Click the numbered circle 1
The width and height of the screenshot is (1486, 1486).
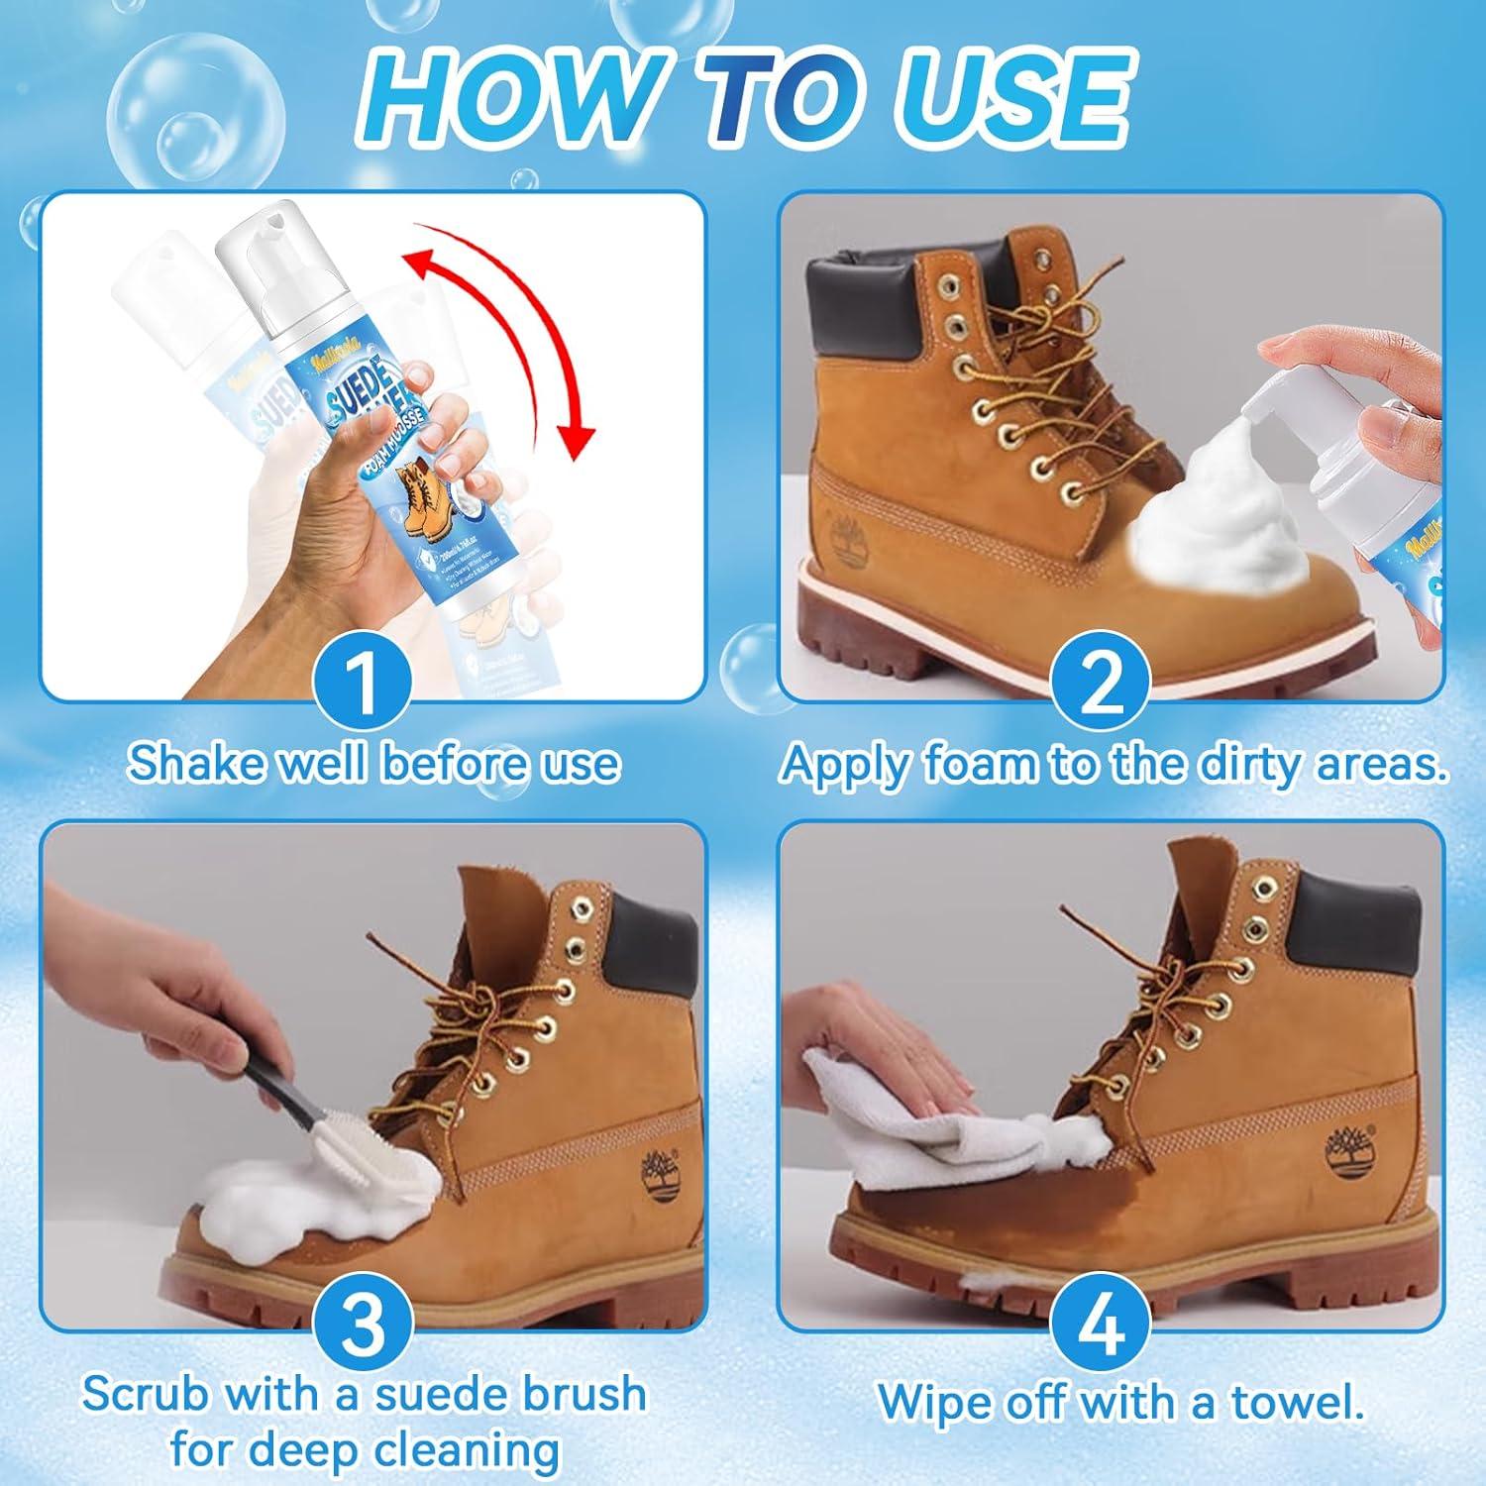click(364, 685)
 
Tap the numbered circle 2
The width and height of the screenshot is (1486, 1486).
click(1100, 685)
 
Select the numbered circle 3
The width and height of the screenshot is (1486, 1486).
click(364, 1322)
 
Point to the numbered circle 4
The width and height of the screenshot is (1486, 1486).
click(1100, 1322)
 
